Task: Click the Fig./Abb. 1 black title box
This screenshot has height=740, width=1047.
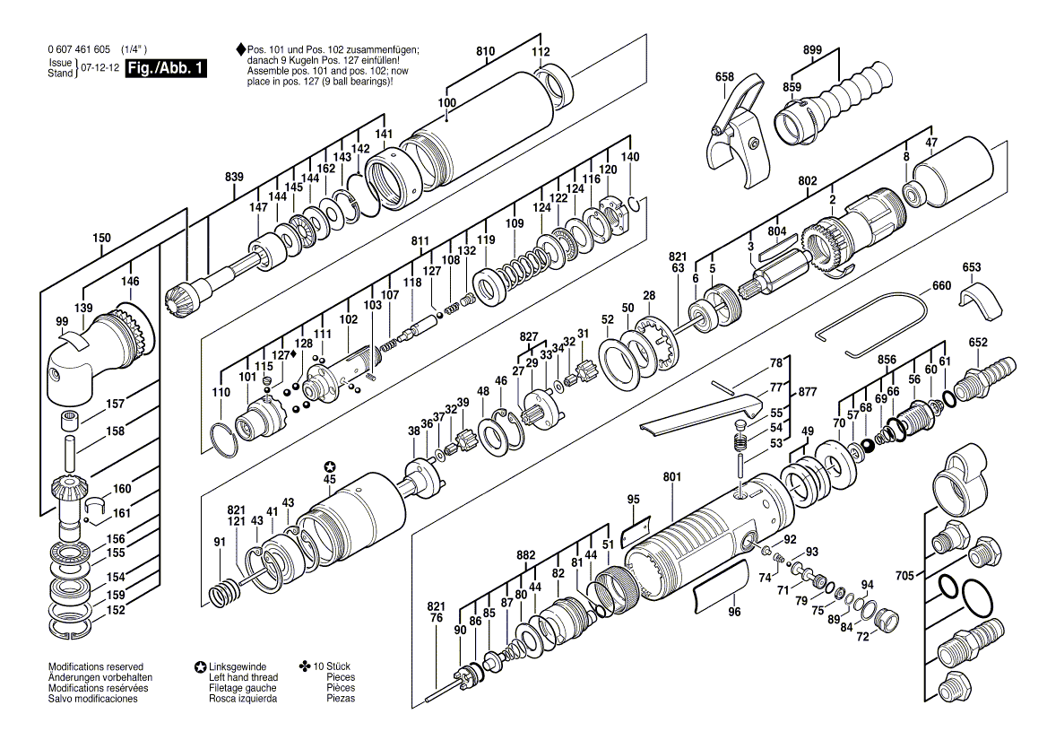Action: tap(166, 69)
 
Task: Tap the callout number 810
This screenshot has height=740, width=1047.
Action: tap(485, 53)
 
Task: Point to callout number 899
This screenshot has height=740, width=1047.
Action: tap(812, 50)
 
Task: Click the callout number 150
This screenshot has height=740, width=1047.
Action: tap(102, 238)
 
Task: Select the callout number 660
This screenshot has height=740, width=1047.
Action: tap(941, 286)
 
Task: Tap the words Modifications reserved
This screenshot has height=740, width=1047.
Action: tap(95, 667)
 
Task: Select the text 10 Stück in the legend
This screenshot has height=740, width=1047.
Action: tap(338, 667)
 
